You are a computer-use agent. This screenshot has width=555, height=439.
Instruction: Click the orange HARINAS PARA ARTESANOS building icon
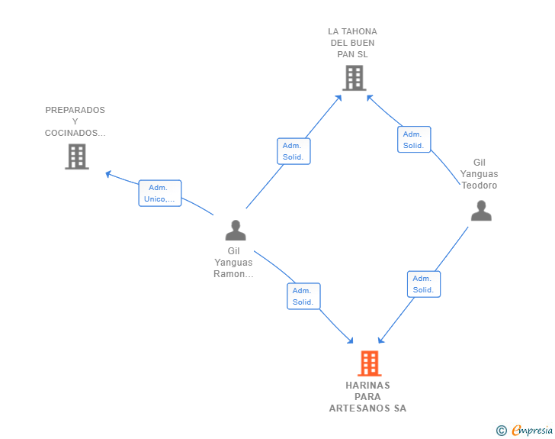tap(369, 363)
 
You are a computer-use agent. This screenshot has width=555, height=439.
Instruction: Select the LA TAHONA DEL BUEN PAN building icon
tap(354, 78)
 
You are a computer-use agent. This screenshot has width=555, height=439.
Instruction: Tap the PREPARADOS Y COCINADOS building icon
tap(77, 157)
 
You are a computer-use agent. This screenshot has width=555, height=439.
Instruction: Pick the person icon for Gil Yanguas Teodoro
tap(481, 211)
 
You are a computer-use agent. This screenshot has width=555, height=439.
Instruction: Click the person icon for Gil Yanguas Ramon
tap(236, 231)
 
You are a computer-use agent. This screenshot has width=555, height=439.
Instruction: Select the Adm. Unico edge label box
tap(160, 193)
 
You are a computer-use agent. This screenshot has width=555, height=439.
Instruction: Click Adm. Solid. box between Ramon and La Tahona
tap(294, 151)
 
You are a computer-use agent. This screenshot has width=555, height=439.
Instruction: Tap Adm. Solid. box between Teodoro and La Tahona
tap(414, 140)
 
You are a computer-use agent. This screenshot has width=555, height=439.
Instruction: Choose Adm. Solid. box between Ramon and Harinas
tap(303, 296)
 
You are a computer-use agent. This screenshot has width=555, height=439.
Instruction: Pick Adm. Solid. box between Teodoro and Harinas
tap(424, 284)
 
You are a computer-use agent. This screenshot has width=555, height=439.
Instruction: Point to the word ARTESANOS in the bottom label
tap(360, 408)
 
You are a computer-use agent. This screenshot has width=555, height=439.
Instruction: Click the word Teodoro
tap(480, 186)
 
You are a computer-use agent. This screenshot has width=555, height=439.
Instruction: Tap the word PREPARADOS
tap(75, 110)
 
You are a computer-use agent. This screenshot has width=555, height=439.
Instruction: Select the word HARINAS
tap(367, 385)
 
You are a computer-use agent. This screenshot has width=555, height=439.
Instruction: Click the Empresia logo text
tap(532, 431)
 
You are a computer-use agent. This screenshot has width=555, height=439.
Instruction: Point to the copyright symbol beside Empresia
tap(502, 431)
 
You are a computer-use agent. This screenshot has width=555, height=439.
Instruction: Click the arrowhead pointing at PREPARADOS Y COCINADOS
tap(108, 174)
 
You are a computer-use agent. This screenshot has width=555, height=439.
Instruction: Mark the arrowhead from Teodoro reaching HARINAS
tap(381, 340)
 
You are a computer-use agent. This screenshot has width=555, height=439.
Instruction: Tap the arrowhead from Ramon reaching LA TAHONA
tap(338, 98)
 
